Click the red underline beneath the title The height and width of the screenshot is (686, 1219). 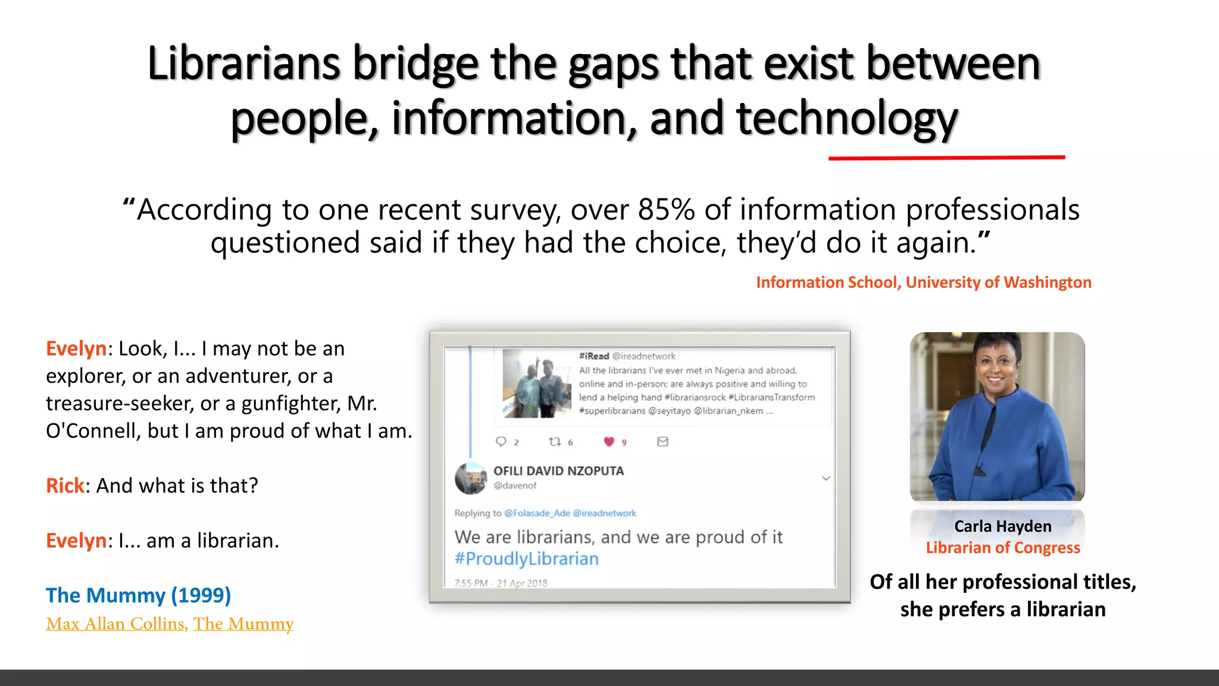coord(946,158)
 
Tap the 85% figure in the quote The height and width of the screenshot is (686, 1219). coord(666,210)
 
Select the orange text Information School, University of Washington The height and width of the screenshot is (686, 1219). coord(923,282)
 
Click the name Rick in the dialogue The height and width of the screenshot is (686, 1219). coord(65,486)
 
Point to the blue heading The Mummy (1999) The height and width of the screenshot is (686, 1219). coord(138,595)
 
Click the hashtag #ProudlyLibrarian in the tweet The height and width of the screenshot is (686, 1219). coord(526,559)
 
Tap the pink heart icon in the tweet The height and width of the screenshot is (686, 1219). coord(608,441)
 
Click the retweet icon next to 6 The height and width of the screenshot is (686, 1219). coord(555,441)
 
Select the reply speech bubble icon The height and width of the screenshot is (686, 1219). coord(501,441)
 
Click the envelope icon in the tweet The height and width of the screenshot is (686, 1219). coord(662,441)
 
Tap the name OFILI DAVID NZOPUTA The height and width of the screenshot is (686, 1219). coord(558,471)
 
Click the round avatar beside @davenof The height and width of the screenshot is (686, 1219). coord(471,478)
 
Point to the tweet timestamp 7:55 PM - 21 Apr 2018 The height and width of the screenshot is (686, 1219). coord(501,583)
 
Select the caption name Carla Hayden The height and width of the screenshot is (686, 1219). coord(1003,526)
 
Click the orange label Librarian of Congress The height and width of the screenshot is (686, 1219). coord(1003,548)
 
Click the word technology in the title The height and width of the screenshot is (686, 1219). coord(847,119)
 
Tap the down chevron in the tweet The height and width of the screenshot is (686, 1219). coord(826,478)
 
